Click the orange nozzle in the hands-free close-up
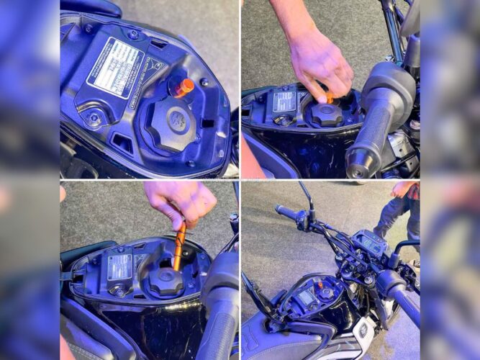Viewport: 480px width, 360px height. (x=183, y=88)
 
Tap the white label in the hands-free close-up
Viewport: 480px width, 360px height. (x=114, y=68)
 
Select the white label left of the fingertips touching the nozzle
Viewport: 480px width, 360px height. (x=285, y=100)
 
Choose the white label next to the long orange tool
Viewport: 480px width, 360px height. (x=119, y=266)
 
